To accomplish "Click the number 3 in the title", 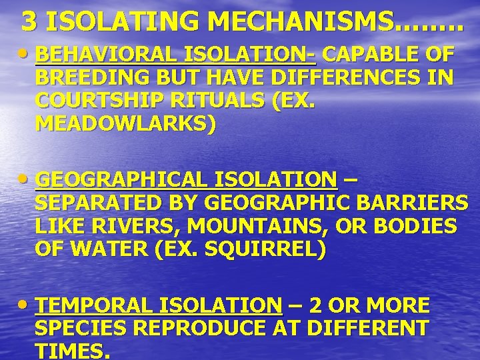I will (29, 22).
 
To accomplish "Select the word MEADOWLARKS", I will (121, 126).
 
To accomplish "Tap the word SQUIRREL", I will (258, 251).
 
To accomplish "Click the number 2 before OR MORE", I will (318, 305).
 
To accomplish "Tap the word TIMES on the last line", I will (69, 351).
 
